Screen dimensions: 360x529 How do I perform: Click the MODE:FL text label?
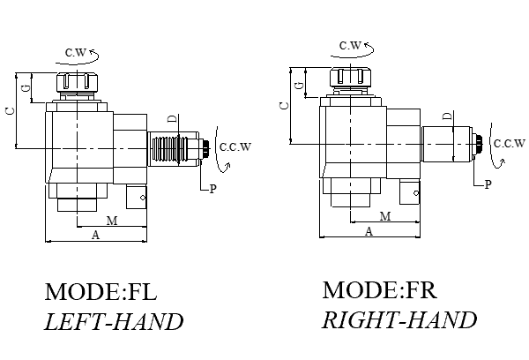click(106, 292)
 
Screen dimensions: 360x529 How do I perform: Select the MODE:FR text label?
click(380, 289)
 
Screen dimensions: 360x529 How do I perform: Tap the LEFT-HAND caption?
click(114, 321)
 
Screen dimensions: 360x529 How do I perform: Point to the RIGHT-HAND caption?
click(399, 319)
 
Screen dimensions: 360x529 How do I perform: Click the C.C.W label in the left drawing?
click(235, 146)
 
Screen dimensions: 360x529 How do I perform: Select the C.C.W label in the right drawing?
click(509, 143)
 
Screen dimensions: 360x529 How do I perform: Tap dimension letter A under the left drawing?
click(94, 235)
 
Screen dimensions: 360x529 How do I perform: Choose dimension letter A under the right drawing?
click(369, 230)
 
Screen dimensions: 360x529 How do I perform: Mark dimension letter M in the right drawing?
click(385, 215)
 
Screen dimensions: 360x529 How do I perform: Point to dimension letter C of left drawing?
click(9, 110)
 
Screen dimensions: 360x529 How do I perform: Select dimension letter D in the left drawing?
click(173, 118)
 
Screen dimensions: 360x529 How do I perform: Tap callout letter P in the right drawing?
click(486, 185)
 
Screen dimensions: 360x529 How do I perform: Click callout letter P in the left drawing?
click(212, 190)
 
